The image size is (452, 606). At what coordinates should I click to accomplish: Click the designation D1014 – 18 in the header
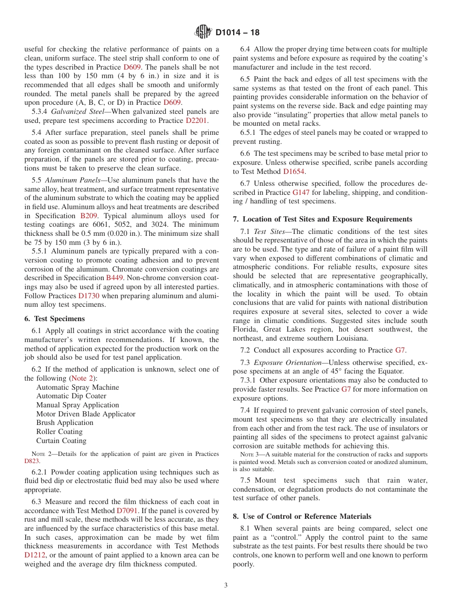[237, 33]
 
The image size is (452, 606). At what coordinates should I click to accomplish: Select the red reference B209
[89, 216]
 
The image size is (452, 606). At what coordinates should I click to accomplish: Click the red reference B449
[115, 277]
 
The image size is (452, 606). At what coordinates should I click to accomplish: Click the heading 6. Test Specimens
[54, 319]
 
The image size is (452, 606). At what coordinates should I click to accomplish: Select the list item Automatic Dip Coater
[71, 396]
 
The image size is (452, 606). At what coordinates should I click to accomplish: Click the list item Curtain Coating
[61, 441]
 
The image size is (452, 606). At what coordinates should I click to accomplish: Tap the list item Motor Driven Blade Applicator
[86, 414]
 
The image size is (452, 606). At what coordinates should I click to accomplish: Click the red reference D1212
[35, 555]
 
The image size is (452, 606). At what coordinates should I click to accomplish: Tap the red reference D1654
[294, 172]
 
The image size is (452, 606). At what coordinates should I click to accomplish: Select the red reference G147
[301, 192]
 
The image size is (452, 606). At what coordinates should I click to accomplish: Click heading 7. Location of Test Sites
[323, 219]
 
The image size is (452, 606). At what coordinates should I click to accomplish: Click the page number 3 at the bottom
[226, 586]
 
